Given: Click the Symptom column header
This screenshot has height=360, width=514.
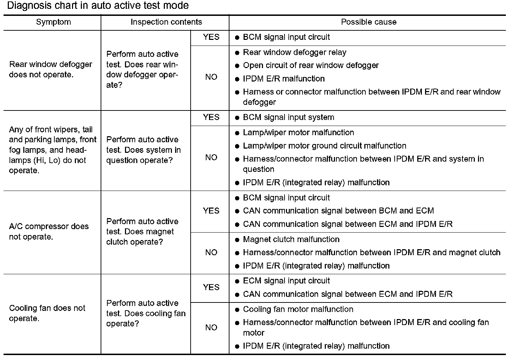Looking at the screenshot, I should (53, 22).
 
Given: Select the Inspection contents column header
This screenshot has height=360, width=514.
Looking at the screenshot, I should (166, 22).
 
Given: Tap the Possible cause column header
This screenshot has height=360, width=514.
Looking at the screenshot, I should (369, 22).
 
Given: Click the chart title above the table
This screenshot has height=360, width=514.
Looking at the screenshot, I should (98, 6).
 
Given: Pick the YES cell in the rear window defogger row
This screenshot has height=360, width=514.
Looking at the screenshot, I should (211, 37).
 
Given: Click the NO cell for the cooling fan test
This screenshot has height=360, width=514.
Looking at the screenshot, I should (211, 328).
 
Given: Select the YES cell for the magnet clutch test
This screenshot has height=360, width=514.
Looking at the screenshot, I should (211, 211).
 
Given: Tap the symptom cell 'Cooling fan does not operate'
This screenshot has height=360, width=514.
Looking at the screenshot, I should (47, 313).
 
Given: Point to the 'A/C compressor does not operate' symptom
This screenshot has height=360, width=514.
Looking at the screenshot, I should (49, 232).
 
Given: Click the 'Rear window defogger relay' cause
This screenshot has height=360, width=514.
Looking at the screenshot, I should (294, 53).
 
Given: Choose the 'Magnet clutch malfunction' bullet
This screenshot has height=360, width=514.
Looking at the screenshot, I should (291, 239).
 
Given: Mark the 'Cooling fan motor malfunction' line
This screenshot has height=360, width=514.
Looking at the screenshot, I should (298, 309).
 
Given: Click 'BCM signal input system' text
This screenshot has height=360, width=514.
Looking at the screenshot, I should (288, 117).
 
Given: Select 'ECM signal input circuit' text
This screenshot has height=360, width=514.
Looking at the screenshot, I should (286, 281).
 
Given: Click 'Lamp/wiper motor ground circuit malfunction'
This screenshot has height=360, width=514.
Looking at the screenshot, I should (324, 146).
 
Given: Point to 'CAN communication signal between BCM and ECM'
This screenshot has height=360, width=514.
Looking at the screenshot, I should (338, 211).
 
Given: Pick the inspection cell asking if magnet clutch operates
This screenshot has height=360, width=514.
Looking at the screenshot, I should (142, 232).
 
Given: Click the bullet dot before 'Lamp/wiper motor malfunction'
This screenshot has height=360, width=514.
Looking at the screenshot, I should (237, 133).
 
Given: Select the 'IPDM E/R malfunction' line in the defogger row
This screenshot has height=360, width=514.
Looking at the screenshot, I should (283, 79).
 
